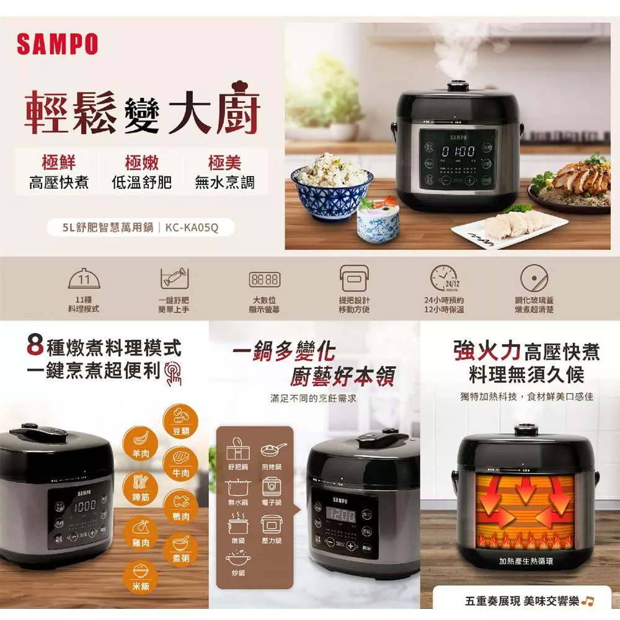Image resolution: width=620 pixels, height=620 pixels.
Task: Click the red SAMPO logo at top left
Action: coord(57,45)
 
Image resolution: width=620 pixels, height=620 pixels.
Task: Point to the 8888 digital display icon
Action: coord(264,280)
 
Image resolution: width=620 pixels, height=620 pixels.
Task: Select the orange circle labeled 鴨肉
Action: coord(181,505)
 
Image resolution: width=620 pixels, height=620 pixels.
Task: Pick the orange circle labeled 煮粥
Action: coord(181,549)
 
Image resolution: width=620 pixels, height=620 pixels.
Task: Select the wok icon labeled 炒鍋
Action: coord(237,561)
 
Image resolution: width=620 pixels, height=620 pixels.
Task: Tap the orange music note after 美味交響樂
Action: coord(588,601)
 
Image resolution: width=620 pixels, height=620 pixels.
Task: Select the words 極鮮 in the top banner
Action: coord(59,163)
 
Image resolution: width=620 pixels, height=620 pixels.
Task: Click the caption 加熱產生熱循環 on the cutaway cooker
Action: coord(526,562)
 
